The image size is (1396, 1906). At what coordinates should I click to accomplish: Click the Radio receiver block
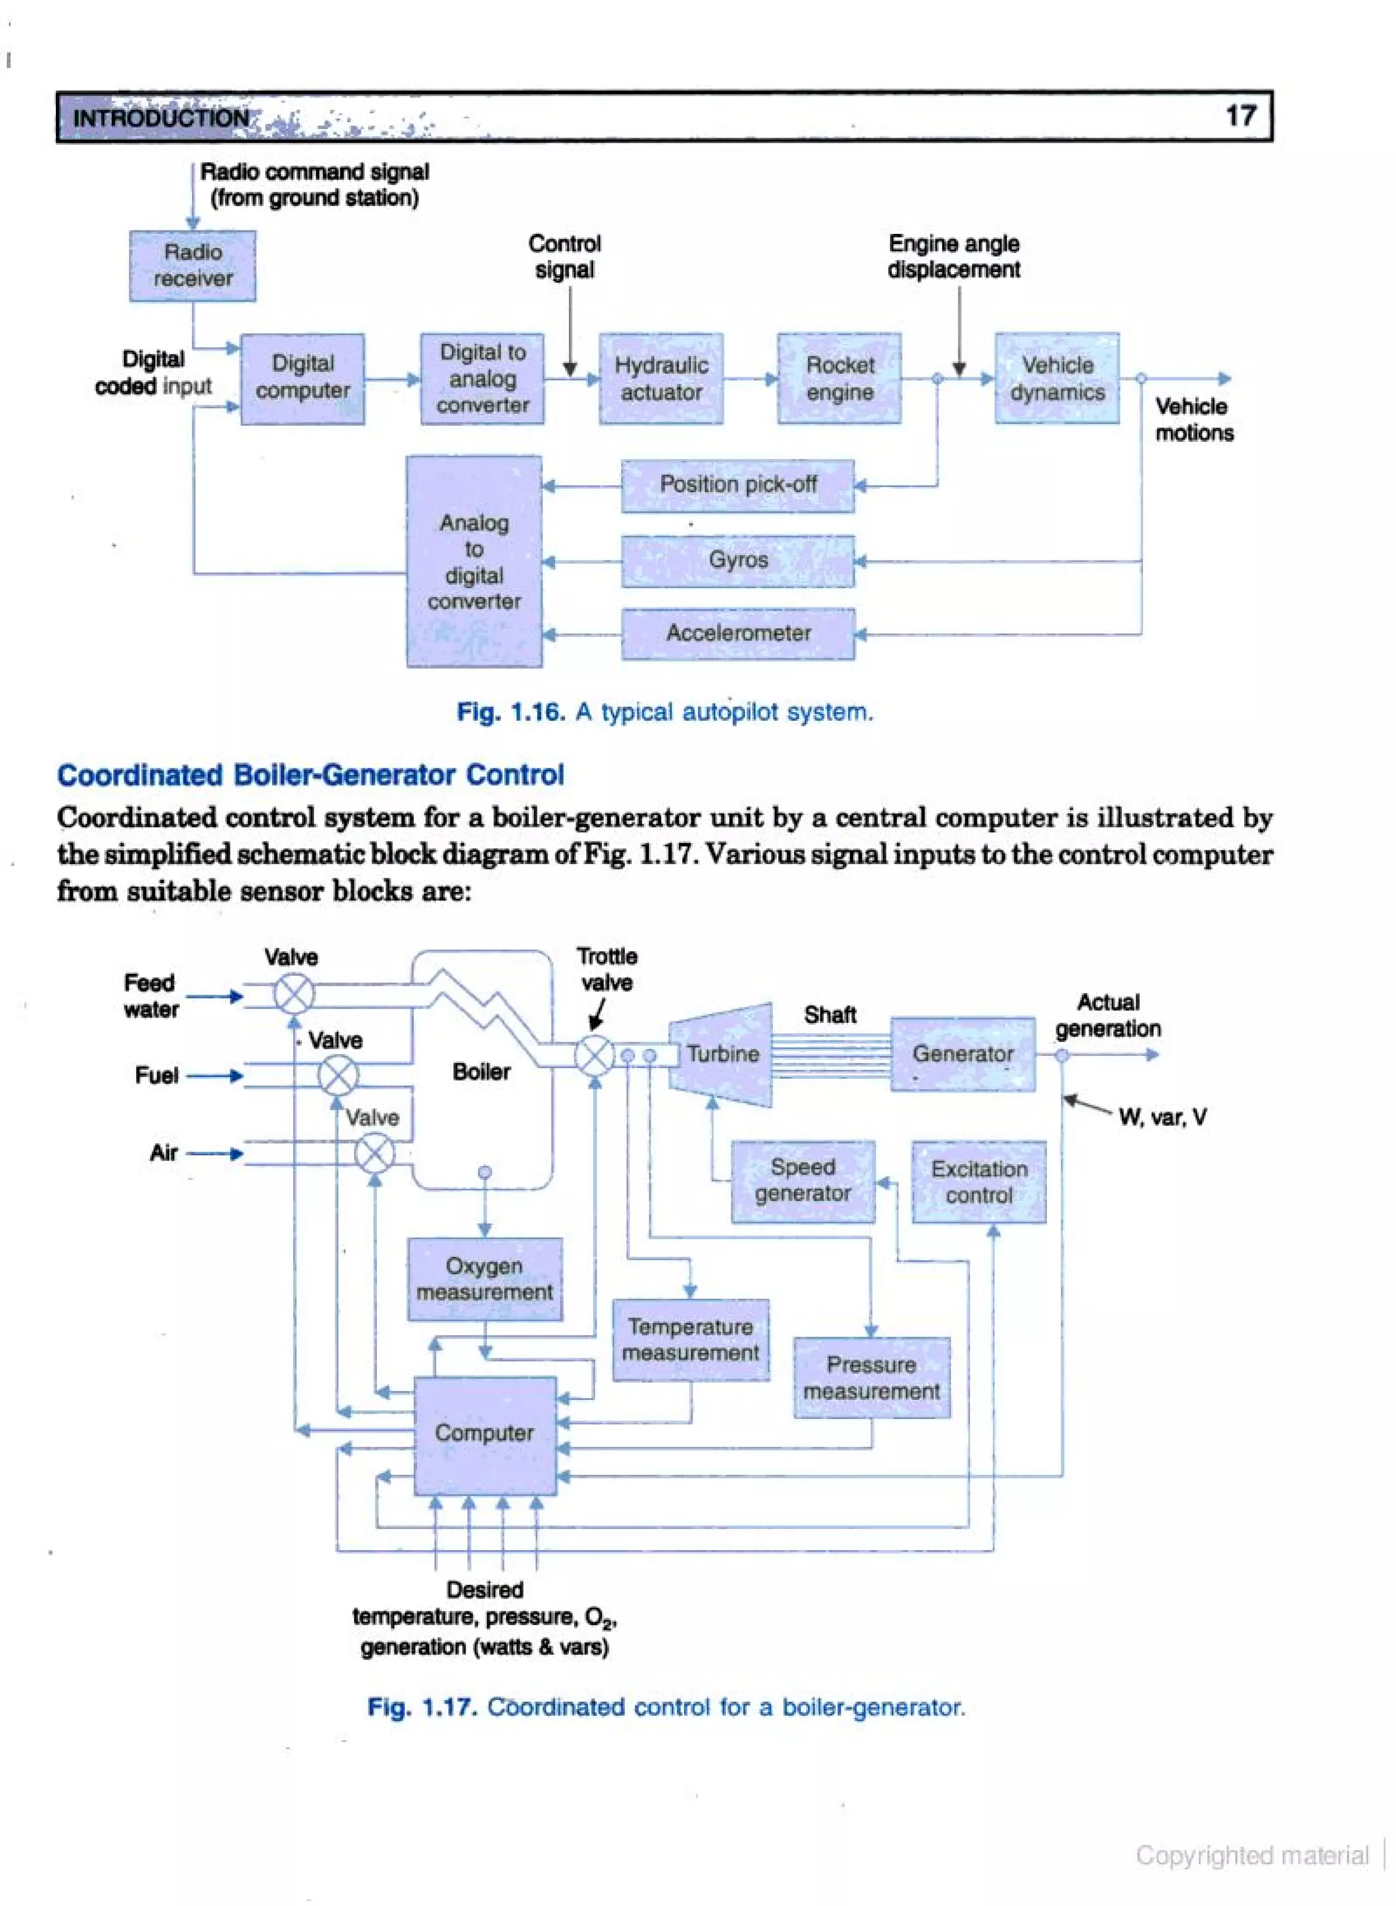click(193, 265)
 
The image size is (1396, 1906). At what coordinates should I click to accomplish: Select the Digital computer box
click(303, 378)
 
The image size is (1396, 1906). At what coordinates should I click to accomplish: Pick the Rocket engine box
click(839, 378)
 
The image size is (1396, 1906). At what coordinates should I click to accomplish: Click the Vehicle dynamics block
click(1057, 378)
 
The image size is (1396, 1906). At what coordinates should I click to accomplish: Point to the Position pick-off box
click(738, 485)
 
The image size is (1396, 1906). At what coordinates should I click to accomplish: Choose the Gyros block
click(738, 560)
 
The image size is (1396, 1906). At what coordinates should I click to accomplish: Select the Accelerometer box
click(738, 632)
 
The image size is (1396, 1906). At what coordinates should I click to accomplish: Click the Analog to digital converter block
click(474, 561)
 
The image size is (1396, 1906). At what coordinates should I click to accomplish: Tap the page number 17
click(1241, 116)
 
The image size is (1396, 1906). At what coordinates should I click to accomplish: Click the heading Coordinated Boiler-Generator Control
click(310, 774)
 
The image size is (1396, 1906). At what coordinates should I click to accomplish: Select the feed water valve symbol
click(294, 994)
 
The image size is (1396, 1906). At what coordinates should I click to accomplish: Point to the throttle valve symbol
click(594, 1055)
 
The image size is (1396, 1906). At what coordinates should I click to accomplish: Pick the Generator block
click(962, 1054)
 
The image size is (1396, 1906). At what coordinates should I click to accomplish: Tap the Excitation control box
click(979, 1182)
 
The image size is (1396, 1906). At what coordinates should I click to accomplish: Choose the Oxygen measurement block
click(485, 1279)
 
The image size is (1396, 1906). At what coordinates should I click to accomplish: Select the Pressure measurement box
click(871, 1377)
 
